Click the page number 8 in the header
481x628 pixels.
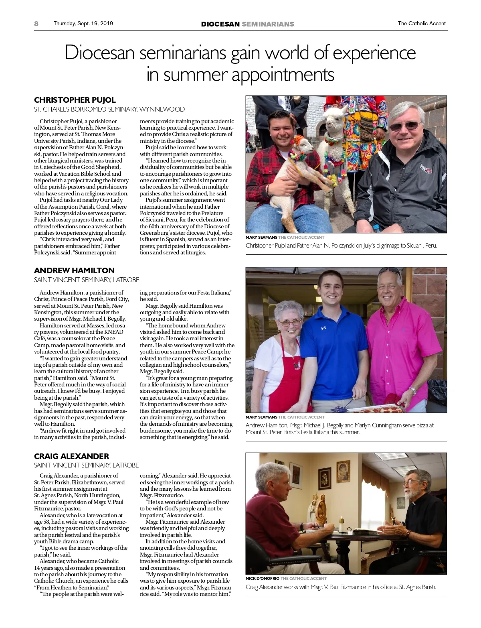(x=36, y=24)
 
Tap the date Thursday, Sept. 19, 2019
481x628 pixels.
(x=83, y=23)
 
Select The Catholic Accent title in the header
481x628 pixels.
(x=421, y=23)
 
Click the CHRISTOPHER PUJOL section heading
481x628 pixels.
(x=75, y=100)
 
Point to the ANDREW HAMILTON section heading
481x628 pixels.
(x=74, y=270)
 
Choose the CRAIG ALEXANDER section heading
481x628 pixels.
(x=71, y=456)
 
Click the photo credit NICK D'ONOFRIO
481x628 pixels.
(x=262, y=578)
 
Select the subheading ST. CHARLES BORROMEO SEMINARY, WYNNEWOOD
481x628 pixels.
(x=109, y=109)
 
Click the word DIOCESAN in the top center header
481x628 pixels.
(x=220, y=24)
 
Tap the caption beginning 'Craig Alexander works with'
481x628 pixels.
(x=341, y=587)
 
